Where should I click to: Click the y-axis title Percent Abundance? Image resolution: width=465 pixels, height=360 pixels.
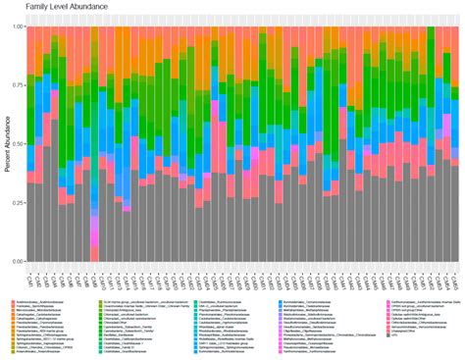[7, 143]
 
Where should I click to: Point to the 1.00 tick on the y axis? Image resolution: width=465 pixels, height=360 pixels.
[16, 26]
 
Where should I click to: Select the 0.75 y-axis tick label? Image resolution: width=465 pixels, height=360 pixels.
[16, 85]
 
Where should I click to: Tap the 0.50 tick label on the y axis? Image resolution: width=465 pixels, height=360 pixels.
[16, 144]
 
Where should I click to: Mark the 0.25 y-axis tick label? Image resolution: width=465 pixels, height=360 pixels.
[16, 203]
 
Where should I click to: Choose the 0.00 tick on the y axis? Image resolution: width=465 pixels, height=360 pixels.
[16, 262]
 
